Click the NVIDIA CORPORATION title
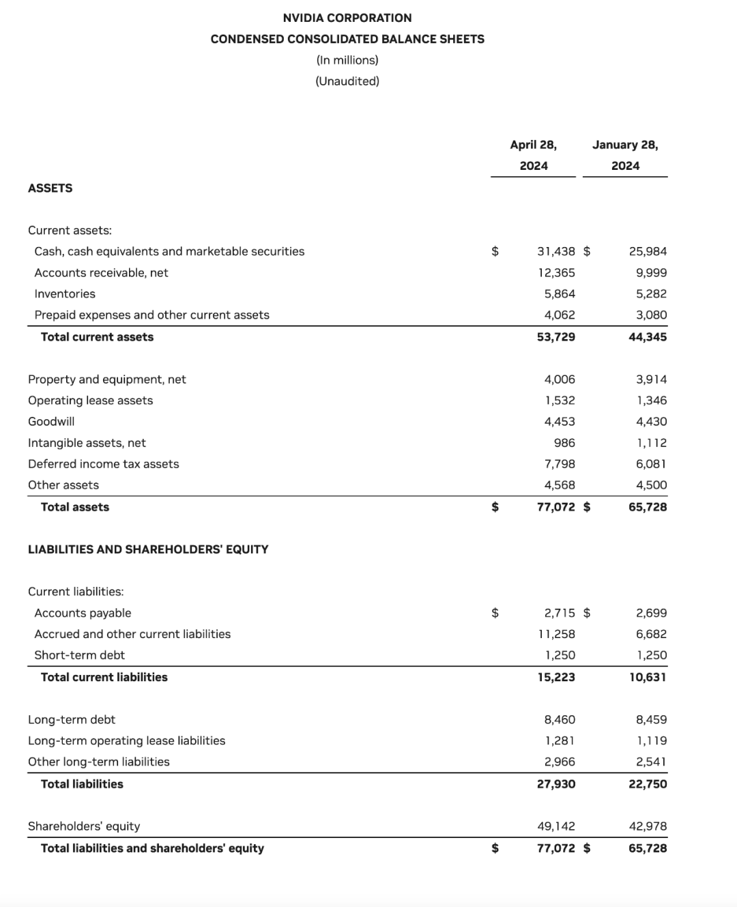point(347,18)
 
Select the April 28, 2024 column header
point(533,155)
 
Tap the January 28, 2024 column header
point(625,155)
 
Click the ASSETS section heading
point(50,188)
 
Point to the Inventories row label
point(65,294)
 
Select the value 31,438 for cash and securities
point(555,252)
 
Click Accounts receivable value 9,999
point(651,273)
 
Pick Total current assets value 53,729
point(555,337)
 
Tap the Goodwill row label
point(51,422)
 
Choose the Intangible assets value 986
point(564,443)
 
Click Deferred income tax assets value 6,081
point(651,464)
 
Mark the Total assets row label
point(75,507)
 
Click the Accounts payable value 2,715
point(559,614)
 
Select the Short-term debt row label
point(79,655)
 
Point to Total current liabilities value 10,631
point(648,677)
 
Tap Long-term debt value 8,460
point(559,720)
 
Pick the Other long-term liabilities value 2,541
point(651,762)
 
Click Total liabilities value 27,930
point(555,784)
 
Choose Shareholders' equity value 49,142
point(555,826)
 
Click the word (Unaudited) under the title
point(347,81)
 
